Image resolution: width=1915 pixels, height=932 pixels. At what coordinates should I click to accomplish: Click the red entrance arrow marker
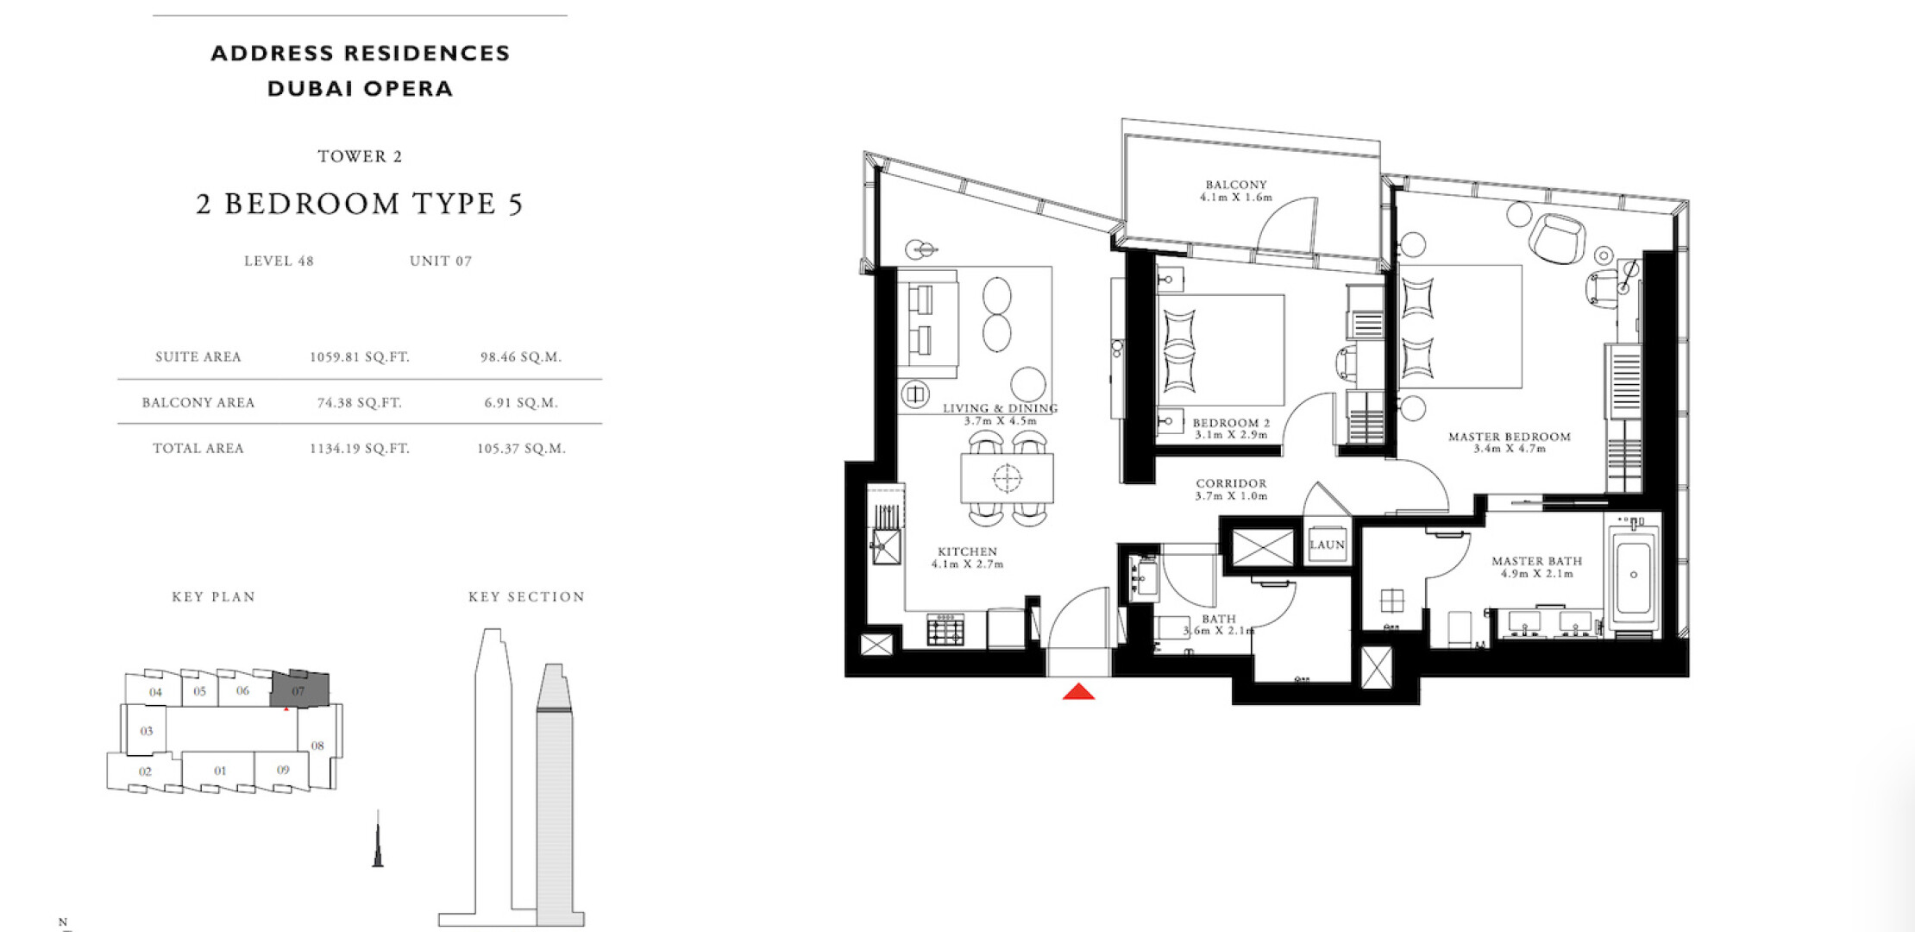click(x=1078, y=691)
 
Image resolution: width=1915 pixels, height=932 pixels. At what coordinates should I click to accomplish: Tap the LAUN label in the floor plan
click(x=1327, y=545)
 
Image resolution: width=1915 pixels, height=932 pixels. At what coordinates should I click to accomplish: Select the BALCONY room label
click(x=1236, y=185)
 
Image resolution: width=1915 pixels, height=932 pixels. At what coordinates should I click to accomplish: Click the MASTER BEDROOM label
click(x=1510, y=437)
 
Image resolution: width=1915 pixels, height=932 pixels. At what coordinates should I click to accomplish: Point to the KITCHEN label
click(x=967, y=551)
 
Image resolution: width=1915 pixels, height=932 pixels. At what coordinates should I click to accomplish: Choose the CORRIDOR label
click(x=1231, y=483)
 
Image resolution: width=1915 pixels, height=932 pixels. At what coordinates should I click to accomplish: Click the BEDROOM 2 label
click(x=1231, y=423)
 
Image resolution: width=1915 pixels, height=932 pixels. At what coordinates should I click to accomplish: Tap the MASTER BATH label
click(x=1537, y=561)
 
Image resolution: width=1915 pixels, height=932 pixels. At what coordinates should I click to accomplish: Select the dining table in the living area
click(x=1007, y=478)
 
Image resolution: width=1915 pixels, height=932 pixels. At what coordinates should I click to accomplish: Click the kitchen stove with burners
click(x=945, y=629)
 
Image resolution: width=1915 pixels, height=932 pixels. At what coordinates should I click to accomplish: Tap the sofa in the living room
click(x=927, y=324)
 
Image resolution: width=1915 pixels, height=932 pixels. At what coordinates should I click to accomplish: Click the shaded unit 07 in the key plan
click(x=300, y=689)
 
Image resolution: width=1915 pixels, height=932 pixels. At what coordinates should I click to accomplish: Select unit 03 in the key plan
click(x=147, y=731)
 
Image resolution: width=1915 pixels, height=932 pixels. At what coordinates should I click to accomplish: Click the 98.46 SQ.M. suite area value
click(x=521, y=356)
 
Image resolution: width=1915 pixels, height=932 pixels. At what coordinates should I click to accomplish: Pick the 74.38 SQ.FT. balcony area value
click(x=360, y=402)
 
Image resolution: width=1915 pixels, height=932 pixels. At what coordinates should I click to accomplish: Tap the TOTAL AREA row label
click(x=198, y=448)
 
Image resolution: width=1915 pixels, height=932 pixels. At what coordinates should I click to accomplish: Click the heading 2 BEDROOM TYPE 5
click(x=360, y=204)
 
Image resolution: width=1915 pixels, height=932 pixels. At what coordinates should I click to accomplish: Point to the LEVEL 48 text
click(x=279, y=261)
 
